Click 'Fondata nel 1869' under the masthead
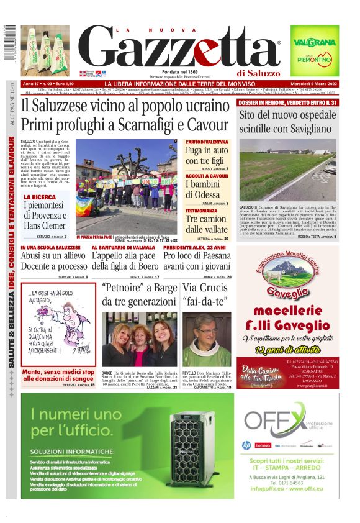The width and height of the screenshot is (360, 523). [x=179, y=72]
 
